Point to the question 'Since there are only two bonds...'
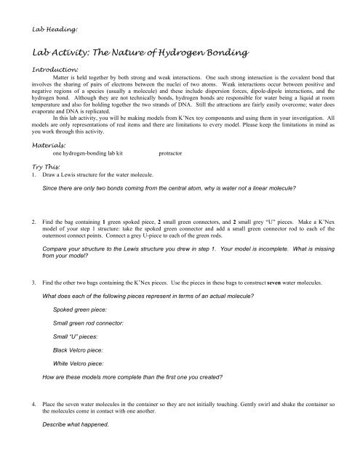[168, 188]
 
